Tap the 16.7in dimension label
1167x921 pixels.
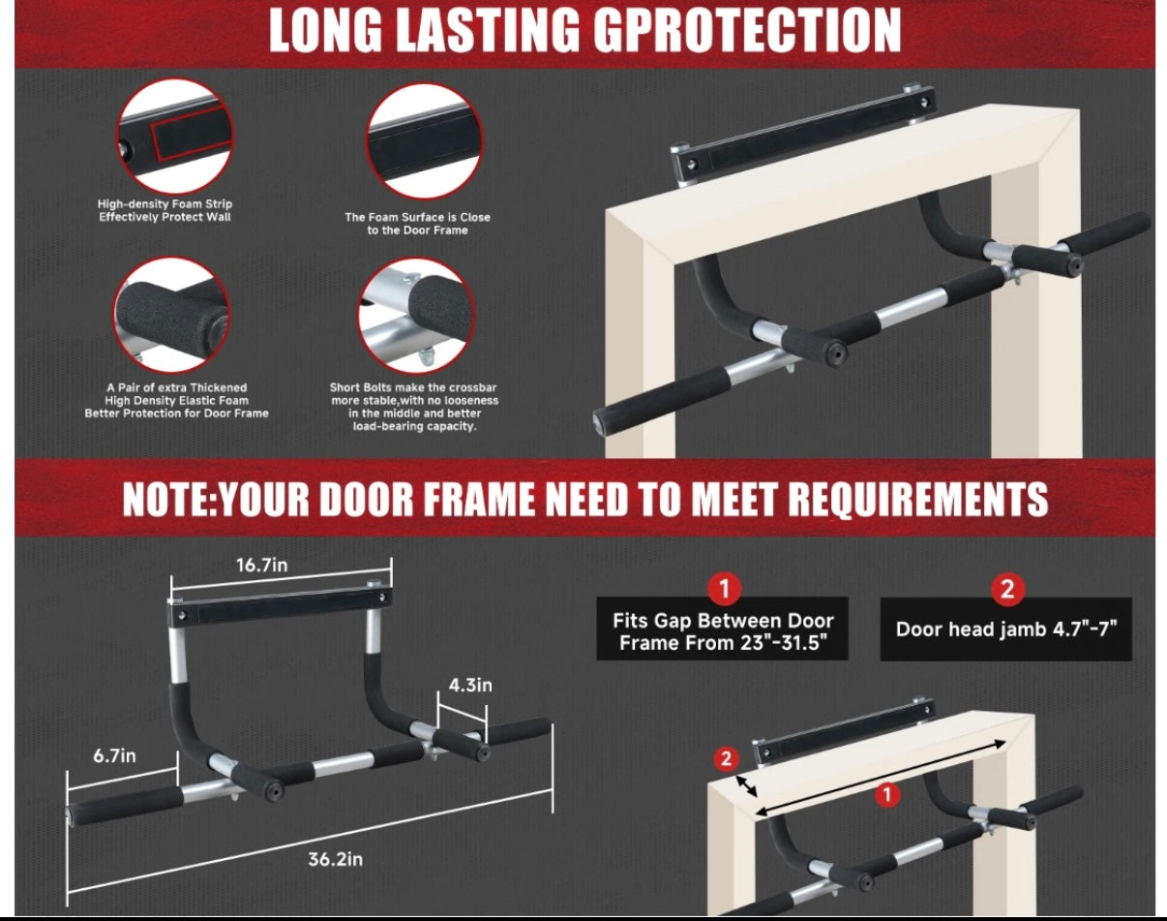tap(264, 566)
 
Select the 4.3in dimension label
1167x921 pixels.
tap(470, 685)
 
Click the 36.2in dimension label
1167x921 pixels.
tap(311, 859)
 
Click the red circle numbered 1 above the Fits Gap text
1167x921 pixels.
tap(723, 588)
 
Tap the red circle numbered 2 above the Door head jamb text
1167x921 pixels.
tap(1006, 588)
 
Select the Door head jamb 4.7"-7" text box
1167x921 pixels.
tap(1005, 629)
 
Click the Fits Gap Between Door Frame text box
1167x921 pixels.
tap(723, 631)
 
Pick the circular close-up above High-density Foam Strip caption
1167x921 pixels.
tap(175, 137)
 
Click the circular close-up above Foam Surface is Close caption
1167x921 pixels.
tap(424, 141)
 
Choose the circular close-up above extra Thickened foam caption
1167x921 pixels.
tap(172, 315)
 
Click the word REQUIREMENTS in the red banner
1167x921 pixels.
tap(918, 499)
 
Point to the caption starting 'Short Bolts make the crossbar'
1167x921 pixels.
tap(415, 406)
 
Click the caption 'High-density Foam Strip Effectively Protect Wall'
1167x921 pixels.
tap(165, 210)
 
